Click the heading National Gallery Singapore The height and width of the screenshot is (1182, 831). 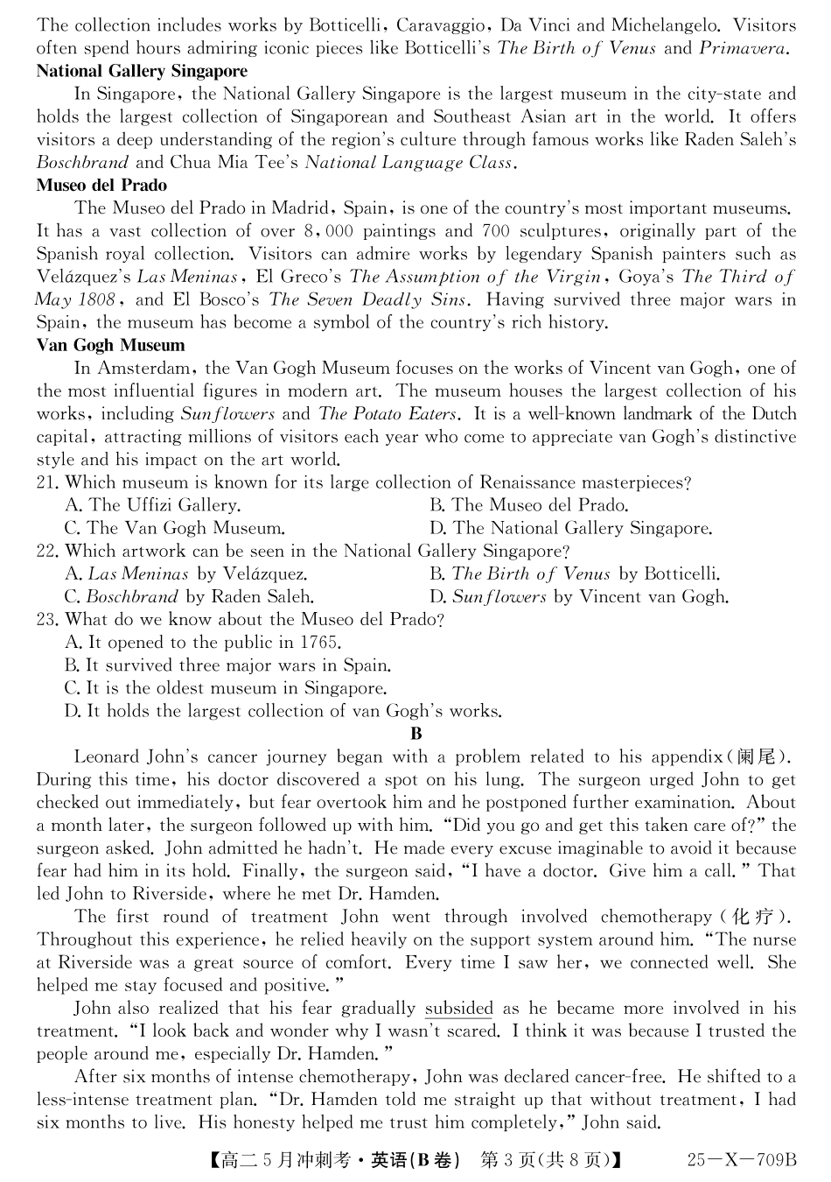tap(142, 71)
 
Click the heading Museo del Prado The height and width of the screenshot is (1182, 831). tap(101, 185)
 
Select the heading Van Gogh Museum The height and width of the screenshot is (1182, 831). tap(110, 345)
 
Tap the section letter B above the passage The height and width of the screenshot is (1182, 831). tap(415, 734)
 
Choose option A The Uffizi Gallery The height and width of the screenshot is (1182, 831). tap(153, 505)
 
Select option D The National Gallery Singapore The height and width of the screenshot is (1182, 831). tap(570, 528)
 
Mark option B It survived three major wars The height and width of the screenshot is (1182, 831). tap(227, 665)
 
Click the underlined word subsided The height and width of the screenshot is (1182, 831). tap(459, 1009)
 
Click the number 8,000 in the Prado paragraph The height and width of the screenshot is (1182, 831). tap(328, 231)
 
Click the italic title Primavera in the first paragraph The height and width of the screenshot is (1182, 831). tap(745, 48)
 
